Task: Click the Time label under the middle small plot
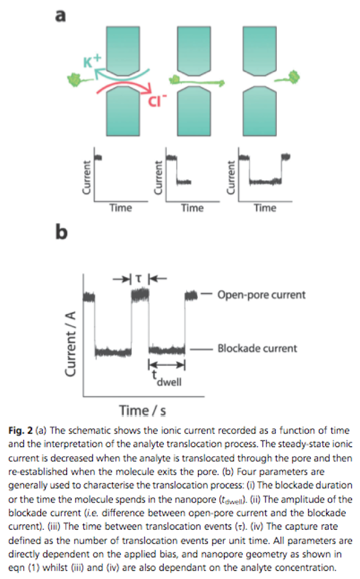(x=192, y=208)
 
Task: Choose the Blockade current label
(x=257, y=348)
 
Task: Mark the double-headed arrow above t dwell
(x=167, y=366)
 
